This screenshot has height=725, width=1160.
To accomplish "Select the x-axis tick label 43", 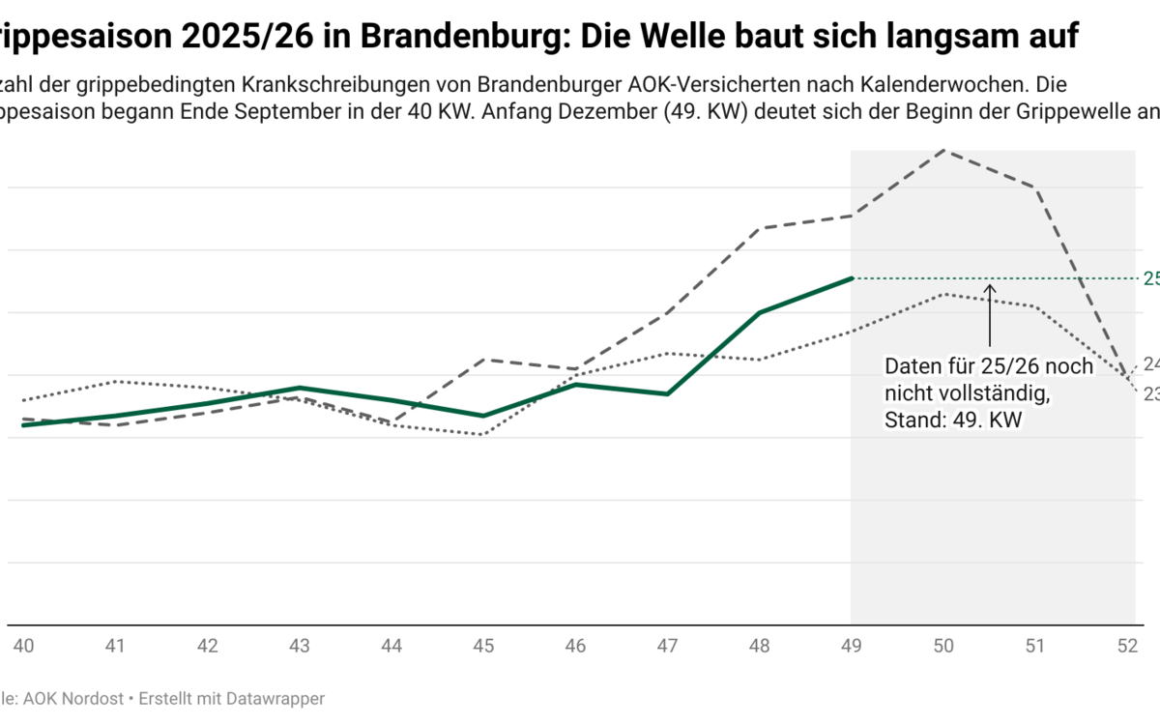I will coord(299,646).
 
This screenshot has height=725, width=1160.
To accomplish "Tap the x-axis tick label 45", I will coord(483,646).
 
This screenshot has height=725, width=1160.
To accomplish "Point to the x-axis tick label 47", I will coord(668,646).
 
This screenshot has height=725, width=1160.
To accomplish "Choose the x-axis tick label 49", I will coord(852,646).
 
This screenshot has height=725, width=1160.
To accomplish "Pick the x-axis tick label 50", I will coord(944,646).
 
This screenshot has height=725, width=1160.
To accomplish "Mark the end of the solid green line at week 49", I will coord(852,278).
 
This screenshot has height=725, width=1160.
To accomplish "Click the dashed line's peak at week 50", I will coord(944,150).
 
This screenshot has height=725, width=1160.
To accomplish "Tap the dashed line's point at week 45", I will coord(483,359).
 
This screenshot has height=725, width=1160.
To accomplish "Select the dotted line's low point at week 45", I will coord(483,435).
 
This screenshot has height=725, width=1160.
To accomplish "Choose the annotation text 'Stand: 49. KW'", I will coord(953,420).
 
